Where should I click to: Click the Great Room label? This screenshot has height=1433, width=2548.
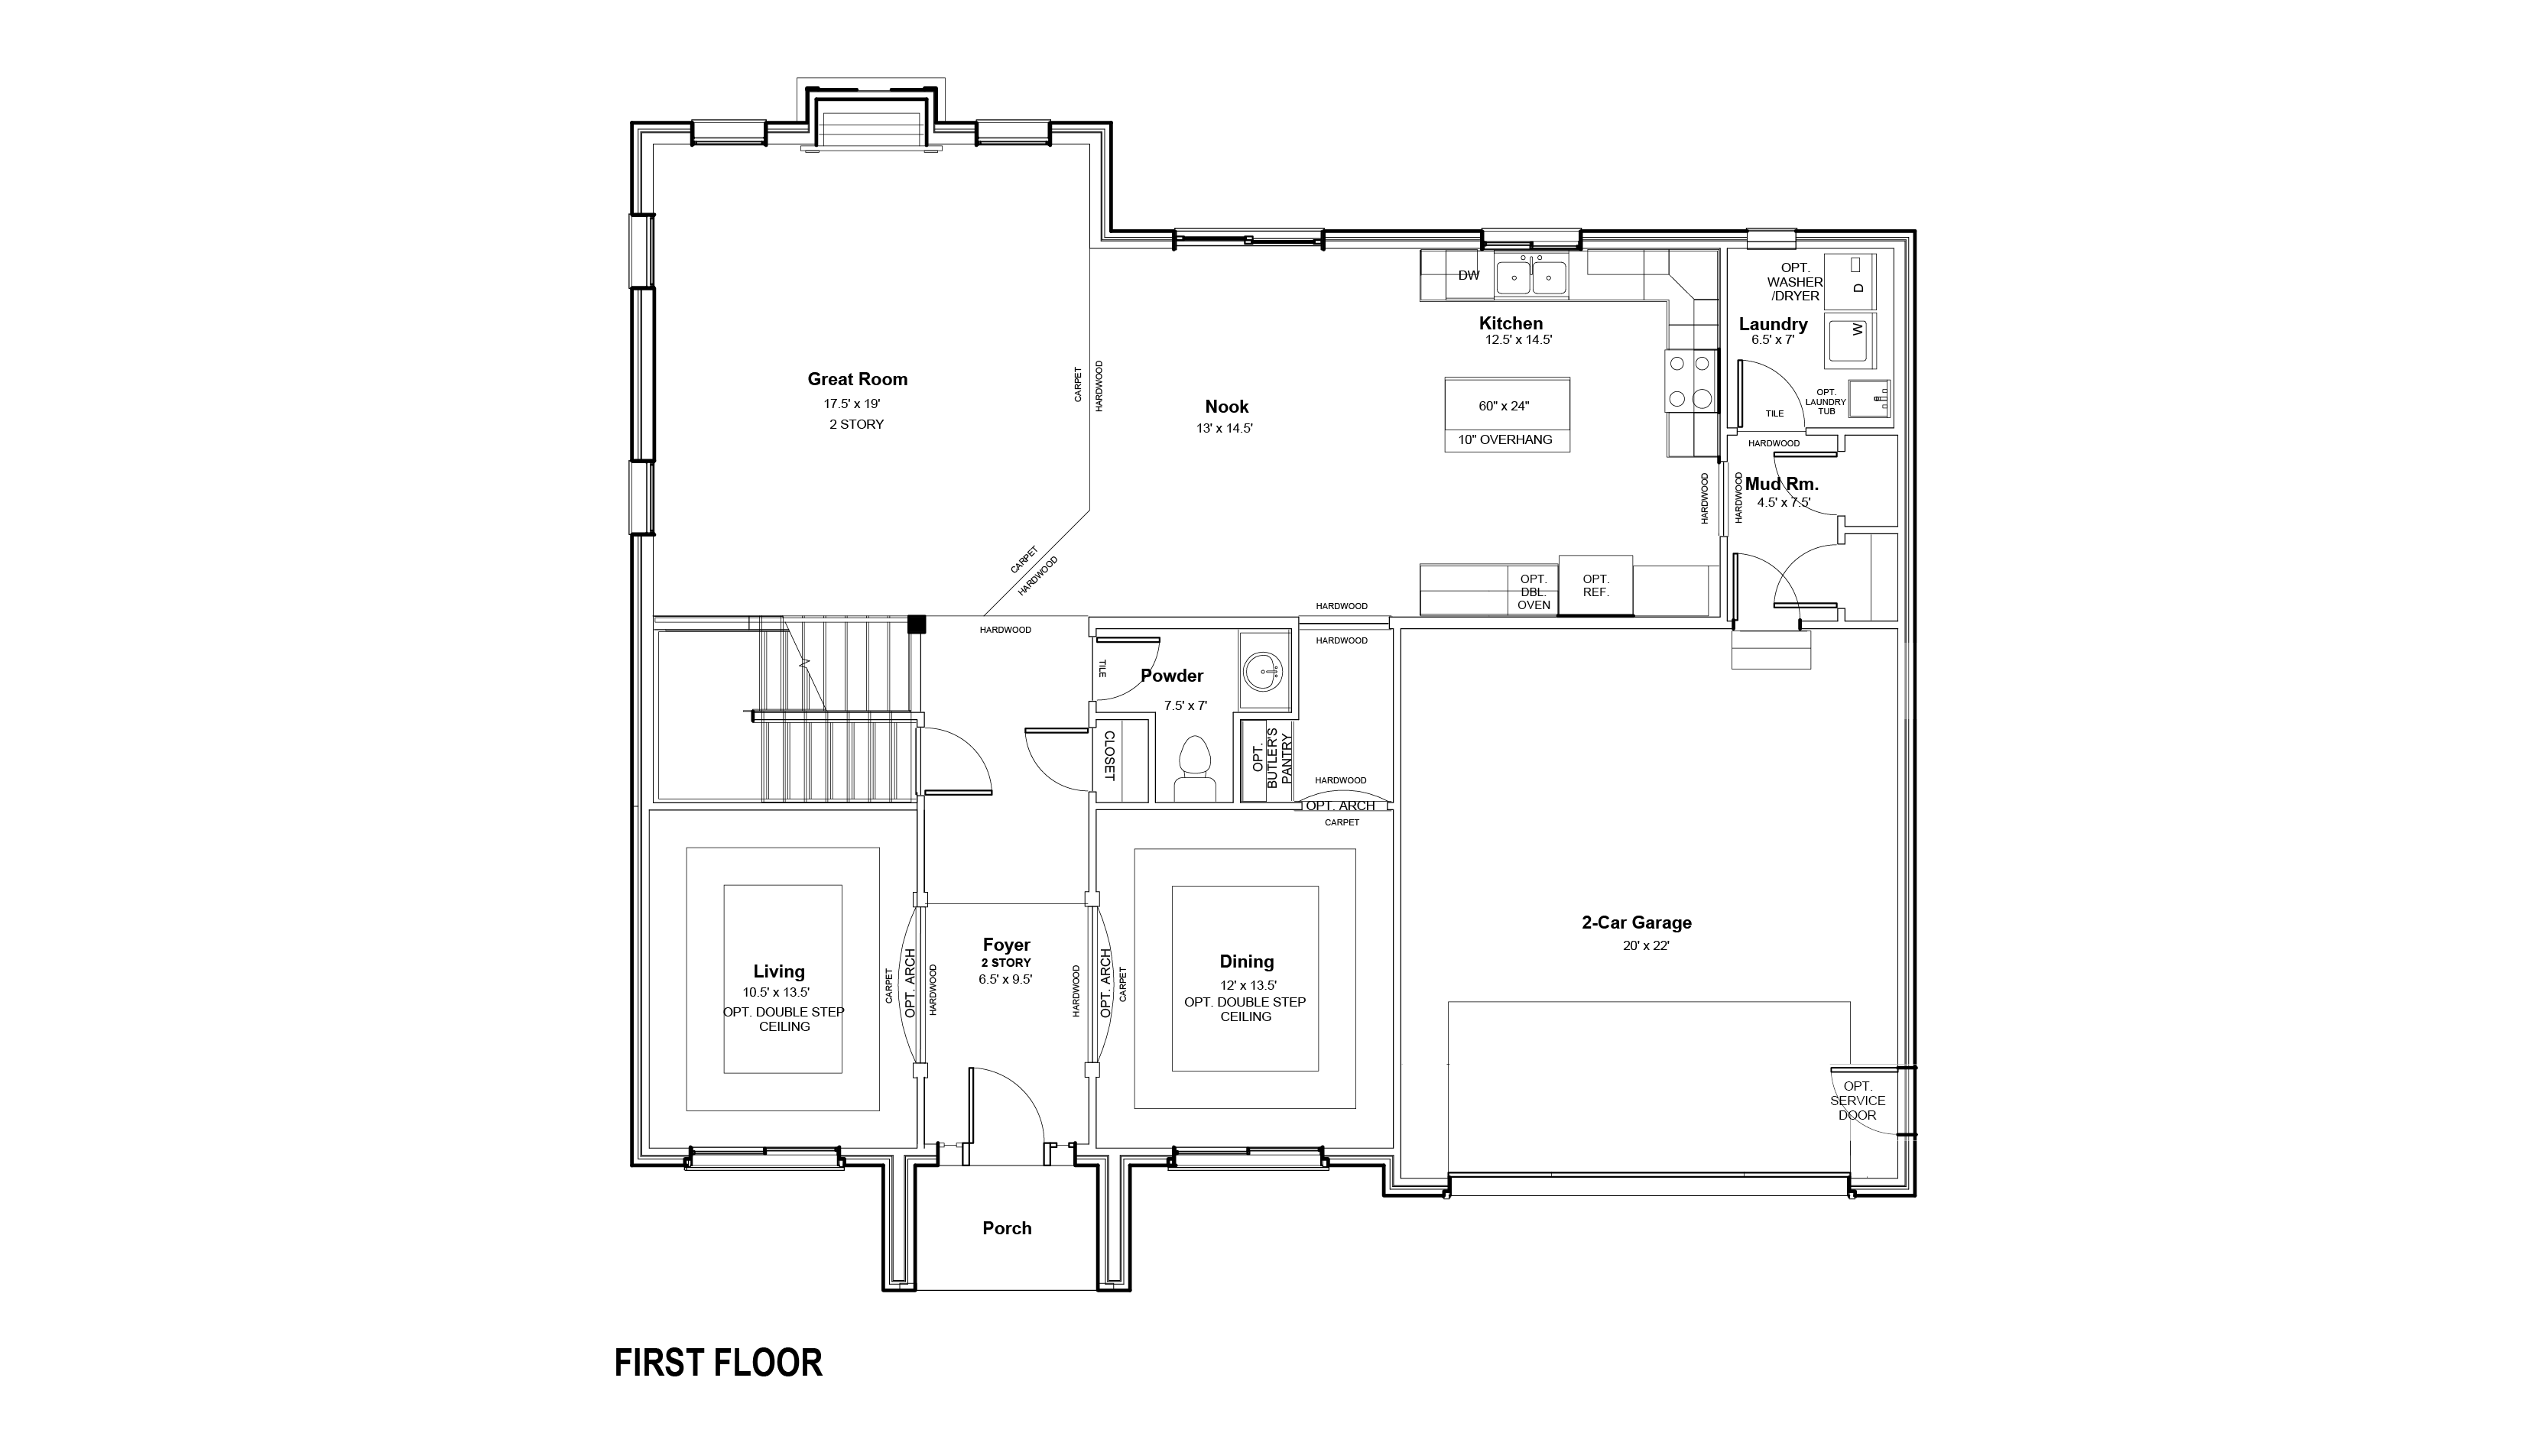pos(856,379)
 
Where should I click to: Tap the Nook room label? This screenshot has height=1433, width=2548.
pos(1226,407)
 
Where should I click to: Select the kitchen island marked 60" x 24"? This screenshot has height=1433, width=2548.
pos(1507,414)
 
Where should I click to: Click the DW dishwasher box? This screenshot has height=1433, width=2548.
pos(1469,275)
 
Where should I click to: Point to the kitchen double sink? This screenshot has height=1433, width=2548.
pos(1531,277)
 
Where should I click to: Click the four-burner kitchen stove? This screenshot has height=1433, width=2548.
pos(1690,381)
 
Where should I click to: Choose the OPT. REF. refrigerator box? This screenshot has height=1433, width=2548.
pos(1595,585)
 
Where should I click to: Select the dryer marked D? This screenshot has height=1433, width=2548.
pos(1850,280)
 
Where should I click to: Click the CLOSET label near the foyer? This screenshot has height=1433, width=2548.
pos(1110,757)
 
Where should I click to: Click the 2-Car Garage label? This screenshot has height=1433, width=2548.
pos(1637,922)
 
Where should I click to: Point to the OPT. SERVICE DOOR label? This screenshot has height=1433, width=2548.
pos(1858,1101)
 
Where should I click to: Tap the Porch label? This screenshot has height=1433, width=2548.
pos(1007,1228)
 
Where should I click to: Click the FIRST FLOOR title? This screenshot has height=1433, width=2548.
pos(718,1363)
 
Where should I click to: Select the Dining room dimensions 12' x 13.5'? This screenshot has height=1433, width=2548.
pos(1248,985)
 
